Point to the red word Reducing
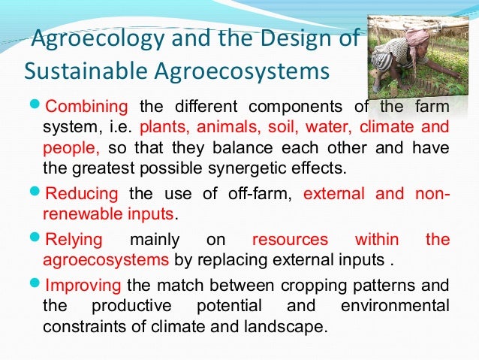pos(82,194)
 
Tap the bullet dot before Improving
pos(37,285)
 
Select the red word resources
pos(290,240)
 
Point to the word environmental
pos(396,306)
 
